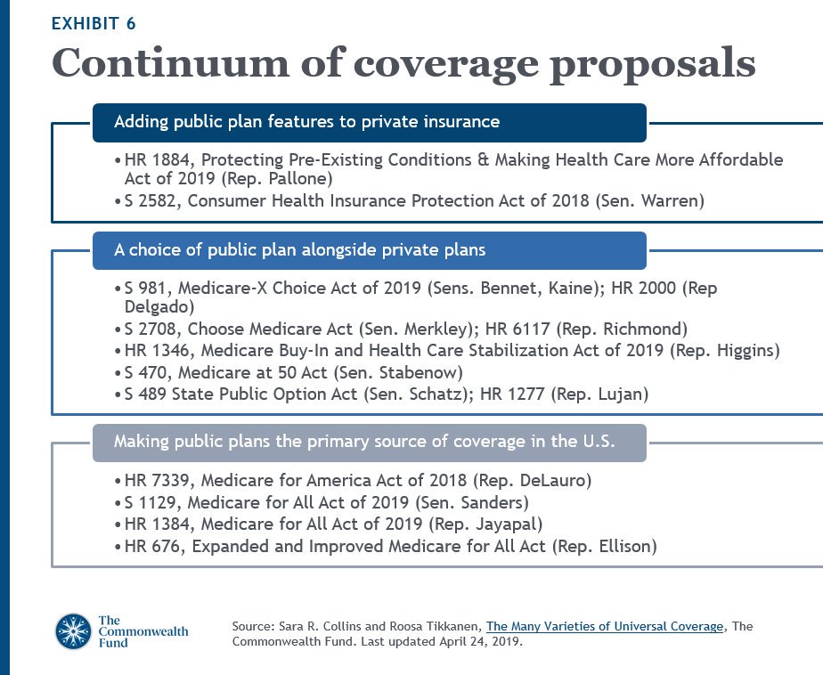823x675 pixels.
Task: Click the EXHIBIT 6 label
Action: (x=94, y=24)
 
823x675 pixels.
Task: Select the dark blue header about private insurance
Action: (x=369, y=122)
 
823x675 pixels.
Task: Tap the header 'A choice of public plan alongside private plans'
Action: (x=369, y=250)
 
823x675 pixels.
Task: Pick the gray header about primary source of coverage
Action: (x=369, y=443)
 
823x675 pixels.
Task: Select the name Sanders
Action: (x=491, y=502)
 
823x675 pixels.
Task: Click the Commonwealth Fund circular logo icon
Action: (x=73, y=631)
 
